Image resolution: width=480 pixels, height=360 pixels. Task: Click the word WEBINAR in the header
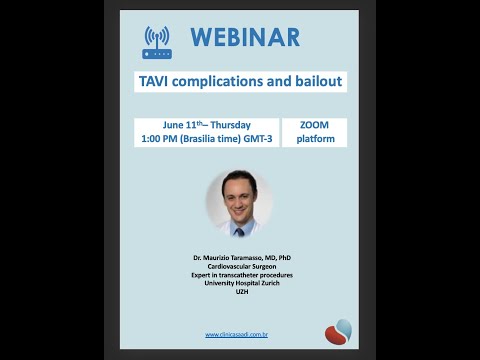(245, 38)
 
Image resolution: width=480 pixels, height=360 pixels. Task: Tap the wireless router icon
(158, 42)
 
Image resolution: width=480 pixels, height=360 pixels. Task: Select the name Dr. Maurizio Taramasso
(239, 258)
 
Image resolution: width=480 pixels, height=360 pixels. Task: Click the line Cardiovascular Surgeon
(239, 267)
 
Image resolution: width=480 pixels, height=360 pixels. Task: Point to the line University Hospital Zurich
(239, 283)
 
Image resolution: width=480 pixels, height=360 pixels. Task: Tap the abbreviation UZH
(239, 291)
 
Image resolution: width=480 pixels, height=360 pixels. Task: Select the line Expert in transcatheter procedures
(239, 275)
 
